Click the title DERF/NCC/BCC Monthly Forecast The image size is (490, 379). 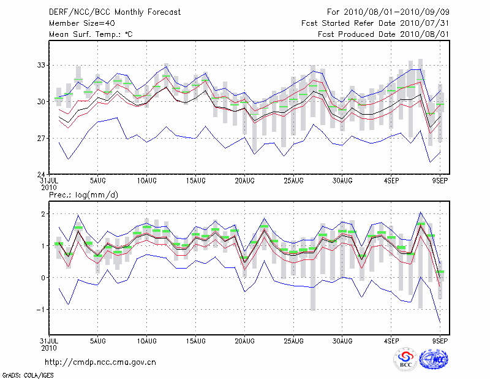point(115,12)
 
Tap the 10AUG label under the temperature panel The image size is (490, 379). point(146,180)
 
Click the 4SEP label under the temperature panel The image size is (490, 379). point(391,180)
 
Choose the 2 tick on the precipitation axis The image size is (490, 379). point(43,214)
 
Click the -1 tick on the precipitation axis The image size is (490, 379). point(41,310)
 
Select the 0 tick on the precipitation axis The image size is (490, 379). point(43,278)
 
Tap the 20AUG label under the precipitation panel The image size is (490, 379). point(244,340)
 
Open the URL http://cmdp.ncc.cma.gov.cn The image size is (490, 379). point(100,362)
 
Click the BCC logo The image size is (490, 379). point(405,359)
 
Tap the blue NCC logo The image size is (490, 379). point(433,359)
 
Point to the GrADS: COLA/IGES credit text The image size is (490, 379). point(27,374)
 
